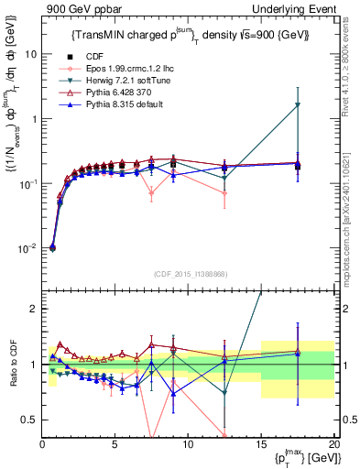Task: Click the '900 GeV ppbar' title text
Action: point(81,8)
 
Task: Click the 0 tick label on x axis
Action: point(42,446)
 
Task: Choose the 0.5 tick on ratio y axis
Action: point(29,420)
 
